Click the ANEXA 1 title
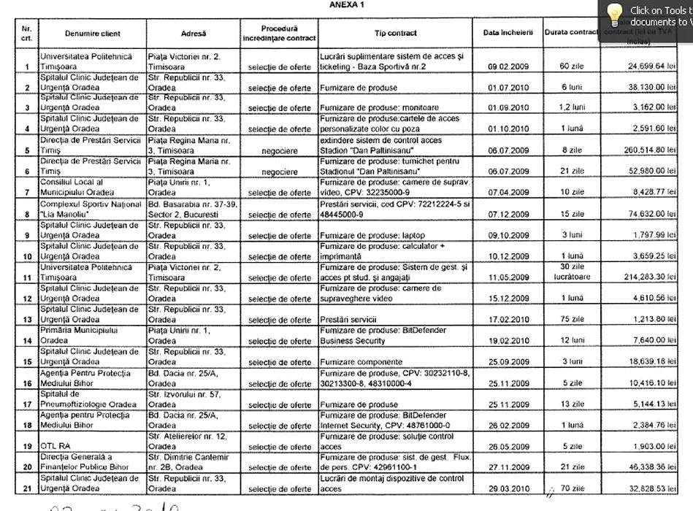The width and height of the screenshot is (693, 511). click(347, 4)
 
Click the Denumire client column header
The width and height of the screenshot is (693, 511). click(92, 34)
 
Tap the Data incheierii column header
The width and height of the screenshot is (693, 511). click(508, 34)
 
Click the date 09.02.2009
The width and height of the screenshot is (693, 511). click(508, 66)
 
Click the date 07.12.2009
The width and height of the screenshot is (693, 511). click(508, 215)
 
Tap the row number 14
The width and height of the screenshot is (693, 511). click(27, 341)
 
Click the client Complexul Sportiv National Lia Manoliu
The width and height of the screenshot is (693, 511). click(91, 210)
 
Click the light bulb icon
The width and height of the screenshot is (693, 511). click(616, 13)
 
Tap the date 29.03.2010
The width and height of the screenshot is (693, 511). click(508, 489)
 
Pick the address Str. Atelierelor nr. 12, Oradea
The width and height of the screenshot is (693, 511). click(181, 442)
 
